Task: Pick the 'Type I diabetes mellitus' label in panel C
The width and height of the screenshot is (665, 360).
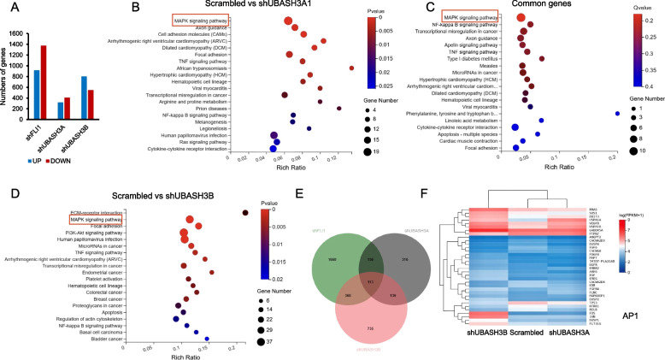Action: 471,58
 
